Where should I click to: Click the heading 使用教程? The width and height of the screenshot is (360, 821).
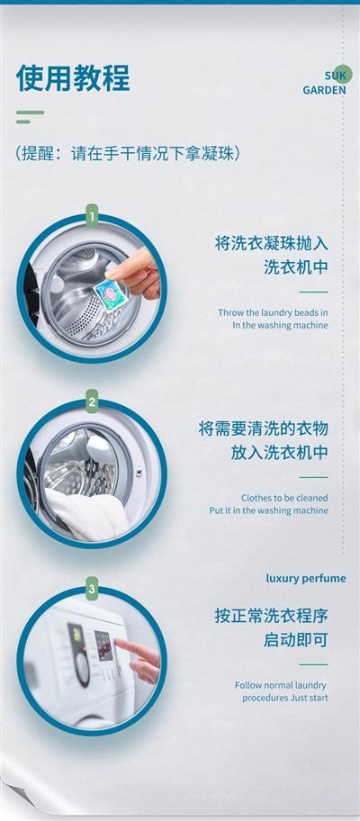[x=73, y=78]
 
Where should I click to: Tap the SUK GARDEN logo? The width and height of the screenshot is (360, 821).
[x=324, y=82]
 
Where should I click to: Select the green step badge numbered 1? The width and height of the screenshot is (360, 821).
[x=92, y=216]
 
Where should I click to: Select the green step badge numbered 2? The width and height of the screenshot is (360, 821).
[x=92, y=401]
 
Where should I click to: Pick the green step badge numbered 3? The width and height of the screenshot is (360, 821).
[x=92, y=589]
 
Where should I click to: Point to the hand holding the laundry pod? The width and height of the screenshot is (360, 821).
[x=136, y=275]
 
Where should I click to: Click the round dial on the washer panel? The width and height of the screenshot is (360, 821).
[x=82, y=669]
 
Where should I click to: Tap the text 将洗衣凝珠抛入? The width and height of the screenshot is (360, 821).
[x=272, y=243]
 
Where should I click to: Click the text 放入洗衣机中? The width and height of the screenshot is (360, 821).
[x=279, y=453]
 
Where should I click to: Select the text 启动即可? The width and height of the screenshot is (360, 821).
[x=295, y=639]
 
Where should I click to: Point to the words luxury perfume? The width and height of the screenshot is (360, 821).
[x=306, y=578]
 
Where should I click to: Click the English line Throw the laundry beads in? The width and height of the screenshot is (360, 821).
[x=273, y=312]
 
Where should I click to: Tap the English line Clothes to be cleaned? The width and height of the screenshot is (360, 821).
[x=284, y=498]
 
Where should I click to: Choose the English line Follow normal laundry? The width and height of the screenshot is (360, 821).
[x=281, y=685]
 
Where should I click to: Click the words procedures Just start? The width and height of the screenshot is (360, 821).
[x=285, y=698]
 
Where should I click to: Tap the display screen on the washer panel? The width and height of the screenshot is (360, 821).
[x=103, y=645]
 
